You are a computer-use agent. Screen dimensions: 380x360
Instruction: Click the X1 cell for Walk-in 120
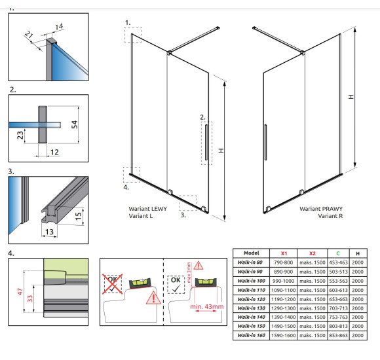point(283,299)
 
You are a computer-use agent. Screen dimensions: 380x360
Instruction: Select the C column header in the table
point(338,253)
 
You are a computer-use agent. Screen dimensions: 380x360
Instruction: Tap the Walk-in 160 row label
point(252,335)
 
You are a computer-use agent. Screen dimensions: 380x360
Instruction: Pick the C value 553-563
point(338,281)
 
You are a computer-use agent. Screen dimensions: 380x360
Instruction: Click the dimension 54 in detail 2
point(75,124)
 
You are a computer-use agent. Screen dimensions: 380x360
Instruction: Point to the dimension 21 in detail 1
point(29,35)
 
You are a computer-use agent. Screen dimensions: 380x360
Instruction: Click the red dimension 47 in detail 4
point(20,291)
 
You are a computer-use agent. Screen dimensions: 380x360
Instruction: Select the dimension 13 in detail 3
point(49,232)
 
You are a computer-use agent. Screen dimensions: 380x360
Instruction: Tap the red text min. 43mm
point(207,306)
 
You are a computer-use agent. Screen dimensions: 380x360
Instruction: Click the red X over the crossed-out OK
point(113,283)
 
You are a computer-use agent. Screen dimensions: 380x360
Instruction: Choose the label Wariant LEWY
point(148,209)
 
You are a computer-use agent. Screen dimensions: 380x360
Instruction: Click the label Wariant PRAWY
point(321,209)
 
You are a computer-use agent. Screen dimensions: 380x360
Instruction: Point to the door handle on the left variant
point(206,142)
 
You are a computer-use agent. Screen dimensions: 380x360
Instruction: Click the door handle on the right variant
point(265,142)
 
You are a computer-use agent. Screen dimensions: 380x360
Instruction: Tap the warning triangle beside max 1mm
point(199,265)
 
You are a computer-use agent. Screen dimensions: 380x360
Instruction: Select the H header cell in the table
point(358,253)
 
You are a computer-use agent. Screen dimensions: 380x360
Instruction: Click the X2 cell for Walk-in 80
point(312,262)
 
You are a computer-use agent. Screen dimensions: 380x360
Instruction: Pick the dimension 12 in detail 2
point(54,153)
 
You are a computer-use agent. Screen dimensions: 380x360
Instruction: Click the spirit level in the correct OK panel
point(206,282)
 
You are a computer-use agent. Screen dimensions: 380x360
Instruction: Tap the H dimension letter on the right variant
point(351,97)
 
